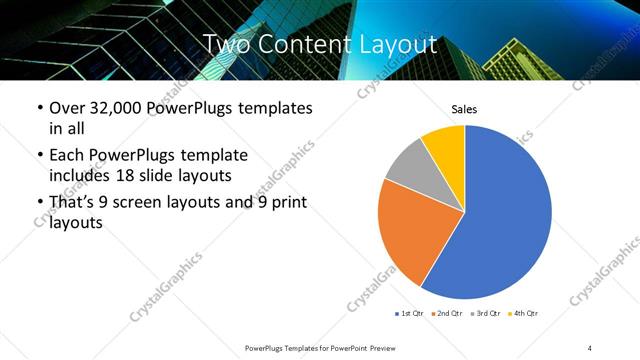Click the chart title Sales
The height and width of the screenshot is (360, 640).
(x=465, y=108)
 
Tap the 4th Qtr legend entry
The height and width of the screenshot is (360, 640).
(x=524, y=314)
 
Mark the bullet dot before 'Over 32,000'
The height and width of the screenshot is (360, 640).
(x=38, y=108)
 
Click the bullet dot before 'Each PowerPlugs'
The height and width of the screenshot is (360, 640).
(x=38, y=156)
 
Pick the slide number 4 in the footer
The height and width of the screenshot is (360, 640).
(x=590, y=347)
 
